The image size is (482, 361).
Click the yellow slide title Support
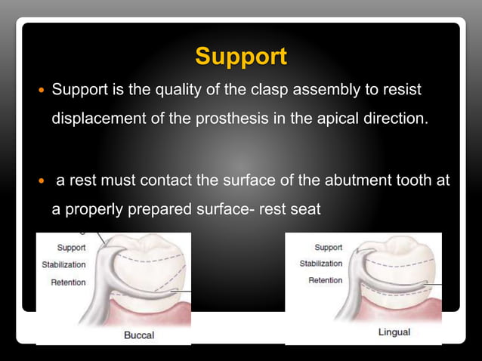tap(241, 57)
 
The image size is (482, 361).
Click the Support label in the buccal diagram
tap(71, 248)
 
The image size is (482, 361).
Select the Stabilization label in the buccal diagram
tap(63, 265)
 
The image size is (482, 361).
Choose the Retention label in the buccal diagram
tap(68, 282)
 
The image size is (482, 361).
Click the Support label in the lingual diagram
tap(328, 248)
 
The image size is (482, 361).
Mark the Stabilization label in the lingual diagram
tap(320, 264)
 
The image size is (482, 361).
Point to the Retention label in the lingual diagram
tap(325, 280)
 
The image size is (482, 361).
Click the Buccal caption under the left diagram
tap(140, 335)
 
